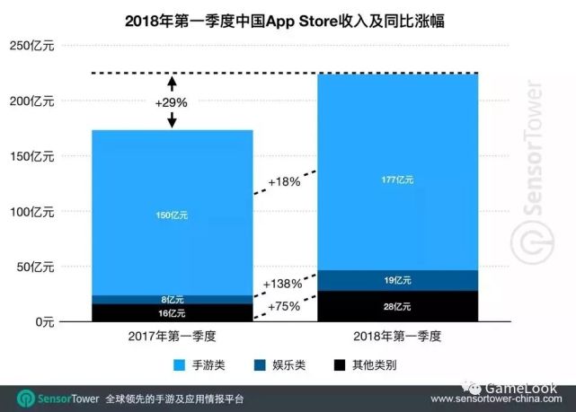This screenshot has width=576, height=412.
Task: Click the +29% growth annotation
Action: (171, 102)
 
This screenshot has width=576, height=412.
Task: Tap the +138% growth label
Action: (282, 284)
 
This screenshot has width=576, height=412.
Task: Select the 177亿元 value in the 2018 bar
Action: (396, 180)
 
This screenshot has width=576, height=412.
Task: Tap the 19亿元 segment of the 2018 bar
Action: (396, 280)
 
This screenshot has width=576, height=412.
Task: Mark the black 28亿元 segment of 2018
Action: (396, 307)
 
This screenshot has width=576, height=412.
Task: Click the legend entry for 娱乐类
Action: (287, 365)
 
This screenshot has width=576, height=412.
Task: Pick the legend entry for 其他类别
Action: (369, 365)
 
